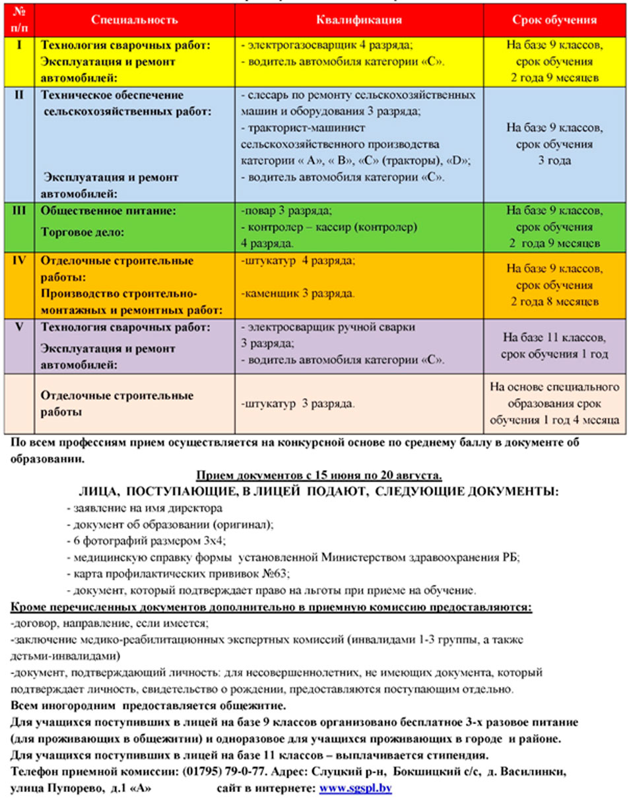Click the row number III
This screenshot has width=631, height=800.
coord(19,211)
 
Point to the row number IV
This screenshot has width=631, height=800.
coord(19,260)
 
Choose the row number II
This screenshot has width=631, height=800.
coord(19,95)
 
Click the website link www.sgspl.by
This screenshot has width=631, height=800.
coord(356,789)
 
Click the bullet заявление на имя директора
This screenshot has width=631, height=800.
coord(145,508)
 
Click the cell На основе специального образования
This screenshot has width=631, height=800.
coord(554,402)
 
